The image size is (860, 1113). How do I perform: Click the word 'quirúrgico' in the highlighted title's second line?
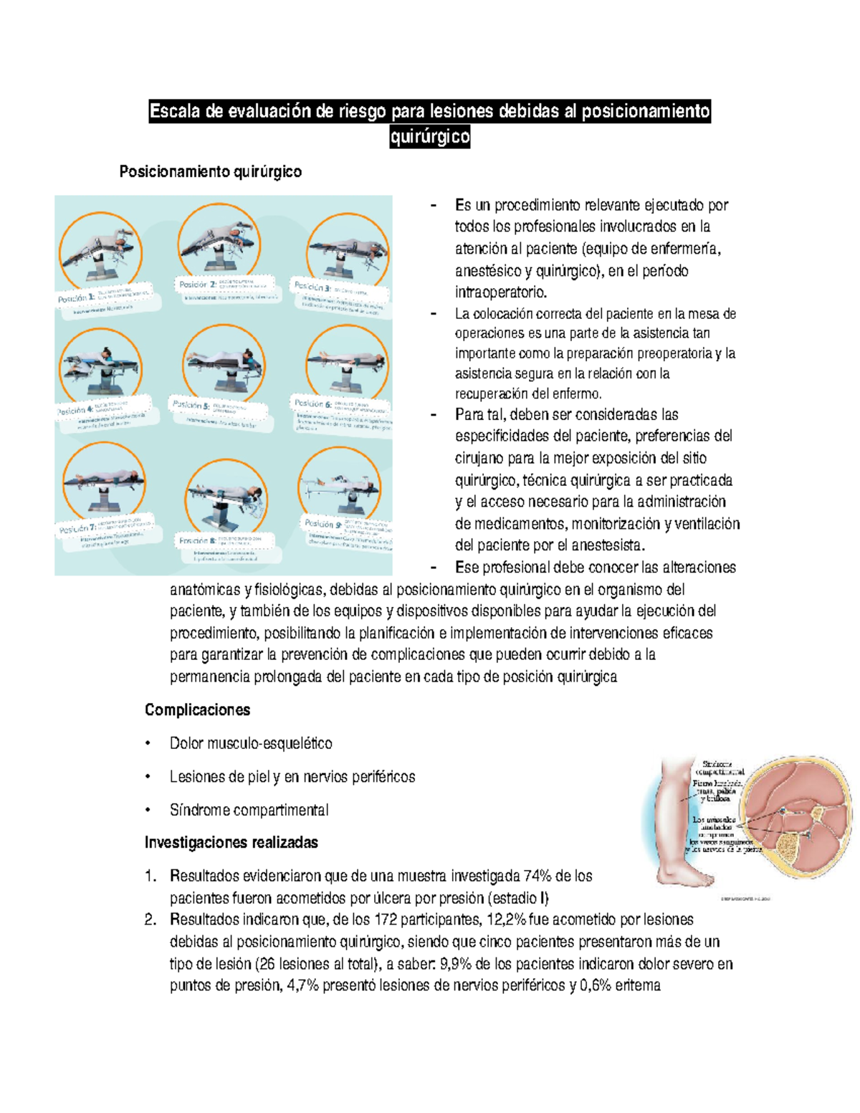coord(430,136)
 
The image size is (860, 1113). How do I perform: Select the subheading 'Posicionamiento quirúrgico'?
coord(210,172)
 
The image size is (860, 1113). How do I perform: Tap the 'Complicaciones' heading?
coord(197,710)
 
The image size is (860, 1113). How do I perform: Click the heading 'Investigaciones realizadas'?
coord(231,843)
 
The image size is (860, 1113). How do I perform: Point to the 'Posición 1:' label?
coord(76,298)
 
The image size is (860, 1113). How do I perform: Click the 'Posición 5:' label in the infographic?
coord(191,405)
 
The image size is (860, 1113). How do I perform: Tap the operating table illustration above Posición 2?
coord(219,242)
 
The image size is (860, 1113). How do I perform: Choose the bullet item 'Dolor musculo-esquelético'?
coord(251,744)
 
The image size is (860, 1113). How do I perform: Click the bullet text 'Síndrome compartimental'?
coord(249,811)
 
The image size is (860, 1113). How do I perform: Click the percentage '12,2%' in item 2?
coord(505,919)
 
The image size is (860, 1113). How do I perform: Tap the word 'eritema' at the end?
coord(637,985)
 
